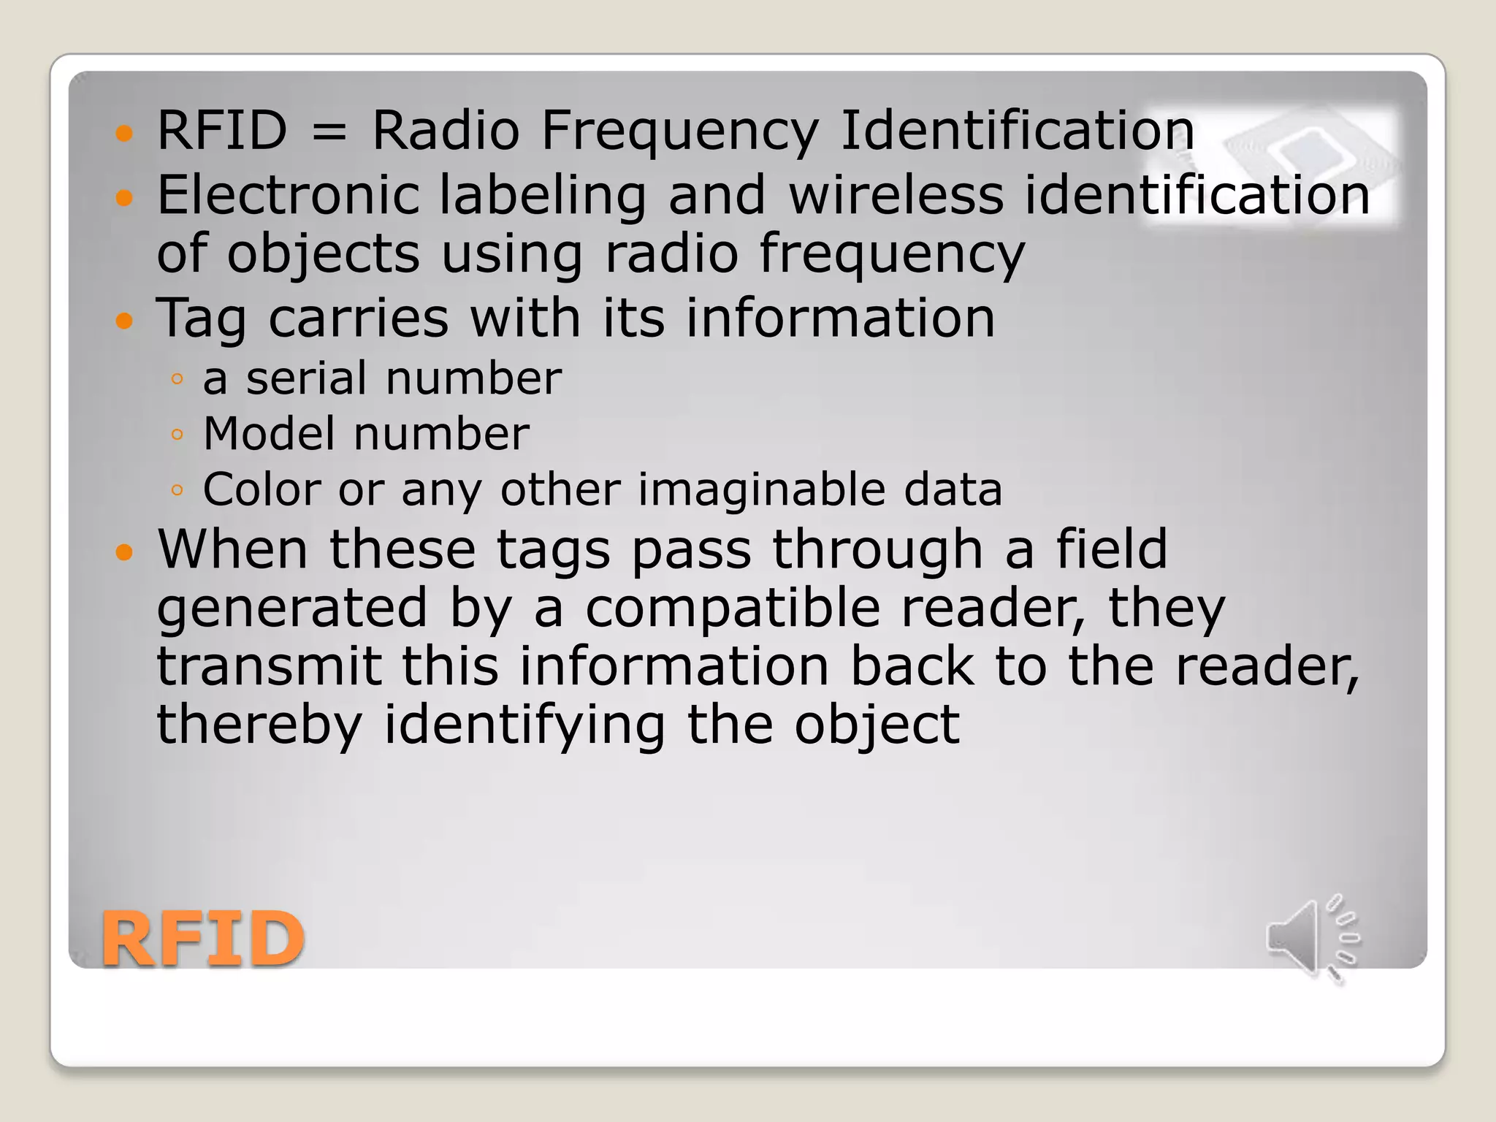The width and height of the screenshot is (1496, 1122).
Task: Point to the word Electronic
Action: [288, 196]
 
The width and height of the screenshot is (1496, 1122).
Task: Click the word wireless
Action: [896, 196]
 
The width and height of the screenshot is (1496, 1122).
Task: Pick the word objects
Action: [323, 254]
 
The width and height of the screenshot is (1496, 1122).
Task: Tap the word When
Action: [232, 549]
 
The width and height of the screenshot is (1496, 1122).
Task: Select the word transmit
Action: [269, 666]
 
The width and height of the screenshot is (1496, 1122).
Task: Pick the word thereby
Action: [259, 725]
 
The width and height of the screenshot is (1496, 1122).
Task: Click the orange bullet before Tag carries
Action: [125, 320]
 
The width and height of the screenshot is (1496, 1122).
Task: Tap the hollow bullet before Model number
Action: [177, 435]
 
